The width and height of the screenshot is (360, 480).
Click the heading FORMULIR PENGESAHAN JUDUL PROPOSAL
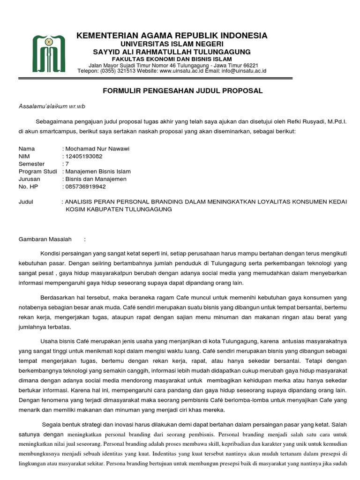pyautogui.click(x=183, y=90)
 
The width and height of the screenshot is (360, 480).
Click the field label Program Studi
pyautogui.click(x=37, y=171)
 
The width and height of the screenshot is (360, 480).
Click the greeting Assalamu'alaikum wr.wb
pyautogui.click(x=52, y=106)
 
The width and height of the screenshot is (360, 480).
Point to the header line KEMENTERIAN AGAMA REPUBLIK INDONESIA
pyautogui.click(x=173, y=36)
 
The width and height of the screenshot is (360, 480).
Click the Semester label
pyautogui.click(x=31, y=164)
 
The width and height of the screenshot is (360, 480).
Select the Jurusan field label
pyautogui.click(x=30, y=179)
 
